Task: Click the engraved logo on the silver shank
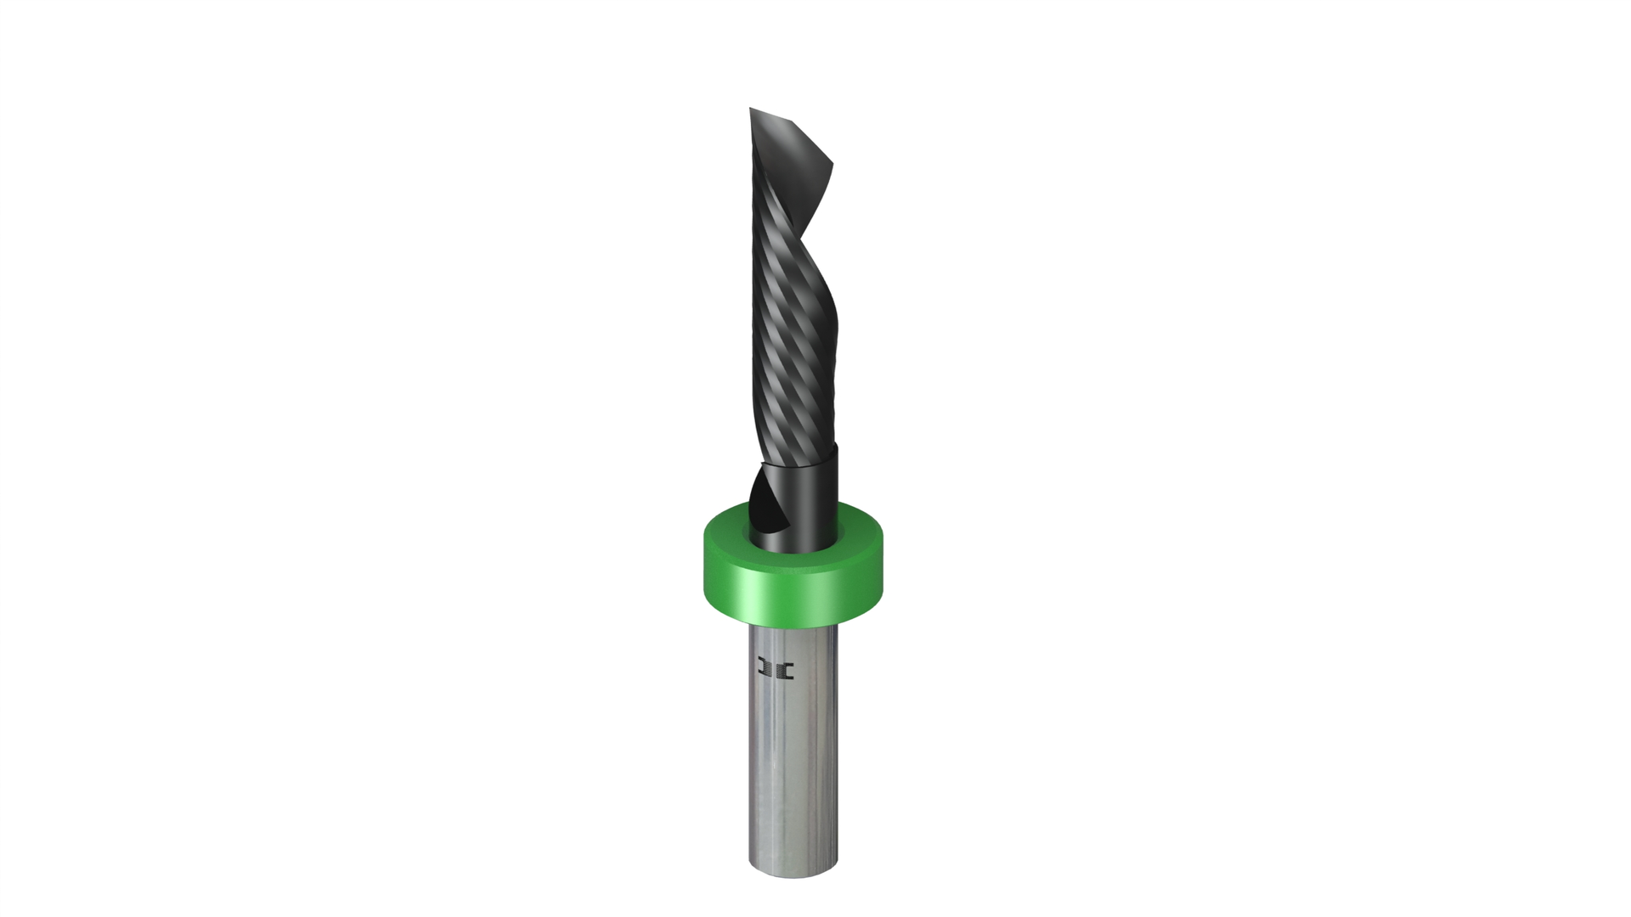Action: tap(776, 670)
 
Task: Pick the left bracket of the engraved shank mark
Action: tap(765, 670)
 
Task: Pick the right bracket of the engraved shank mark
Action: tap(787, 670)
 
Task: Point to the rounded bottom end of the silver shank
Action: tap(793, 870)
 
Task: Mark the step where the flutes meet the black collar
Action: tap(799, 464)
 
